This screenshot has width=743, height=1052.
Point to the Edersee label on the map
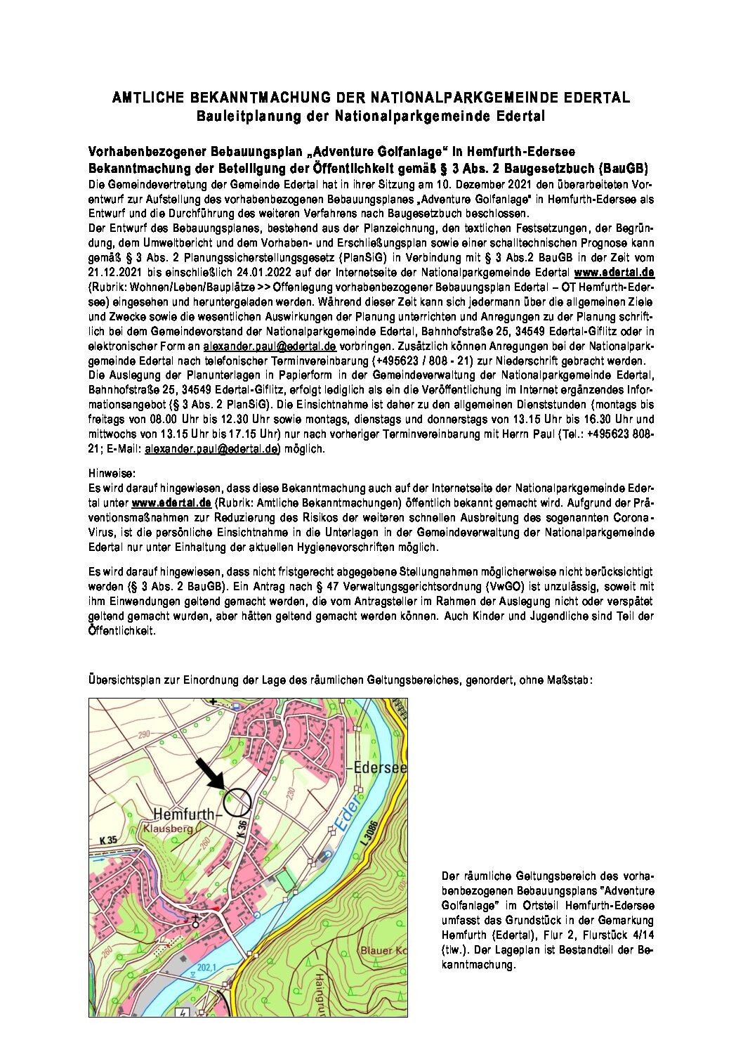point(380,767)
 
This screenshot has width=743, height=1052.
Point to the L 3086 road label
point(371,834)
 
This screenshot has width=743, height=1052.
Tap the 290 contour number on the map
point(145,734)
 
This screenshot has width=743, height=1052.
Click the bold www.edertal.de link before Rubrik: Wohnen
point(614,272)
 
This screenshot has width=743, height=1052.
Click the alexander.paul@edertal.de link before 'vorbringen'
point(270,346)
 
